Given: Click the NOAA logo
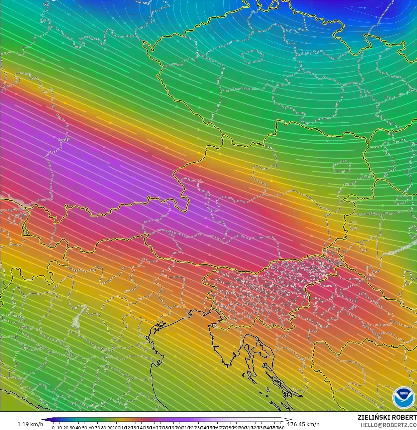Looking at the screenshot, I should click(x=403, y=398).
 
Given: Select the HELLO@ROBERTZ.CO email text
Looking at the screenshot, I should click(x=388, y=425).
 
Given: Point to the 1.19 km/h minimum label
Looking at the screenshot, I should click(x=30, y=424).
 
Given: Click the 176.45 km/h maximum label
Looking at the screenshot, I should click(x=303, y=424).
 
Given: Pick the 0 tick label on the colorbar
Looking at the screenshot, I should click(x=53, y=428).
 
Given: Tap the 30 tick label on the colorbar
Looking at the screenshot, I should click(x=72, y=428).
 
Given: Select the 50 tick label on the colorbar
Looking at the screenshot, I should click(x=85, y=428).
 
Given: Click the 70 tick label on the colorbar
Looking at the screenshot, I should click(x=97, y=428).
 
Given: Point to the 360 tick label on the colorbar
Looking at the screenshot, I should click(x=281, y=428).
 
